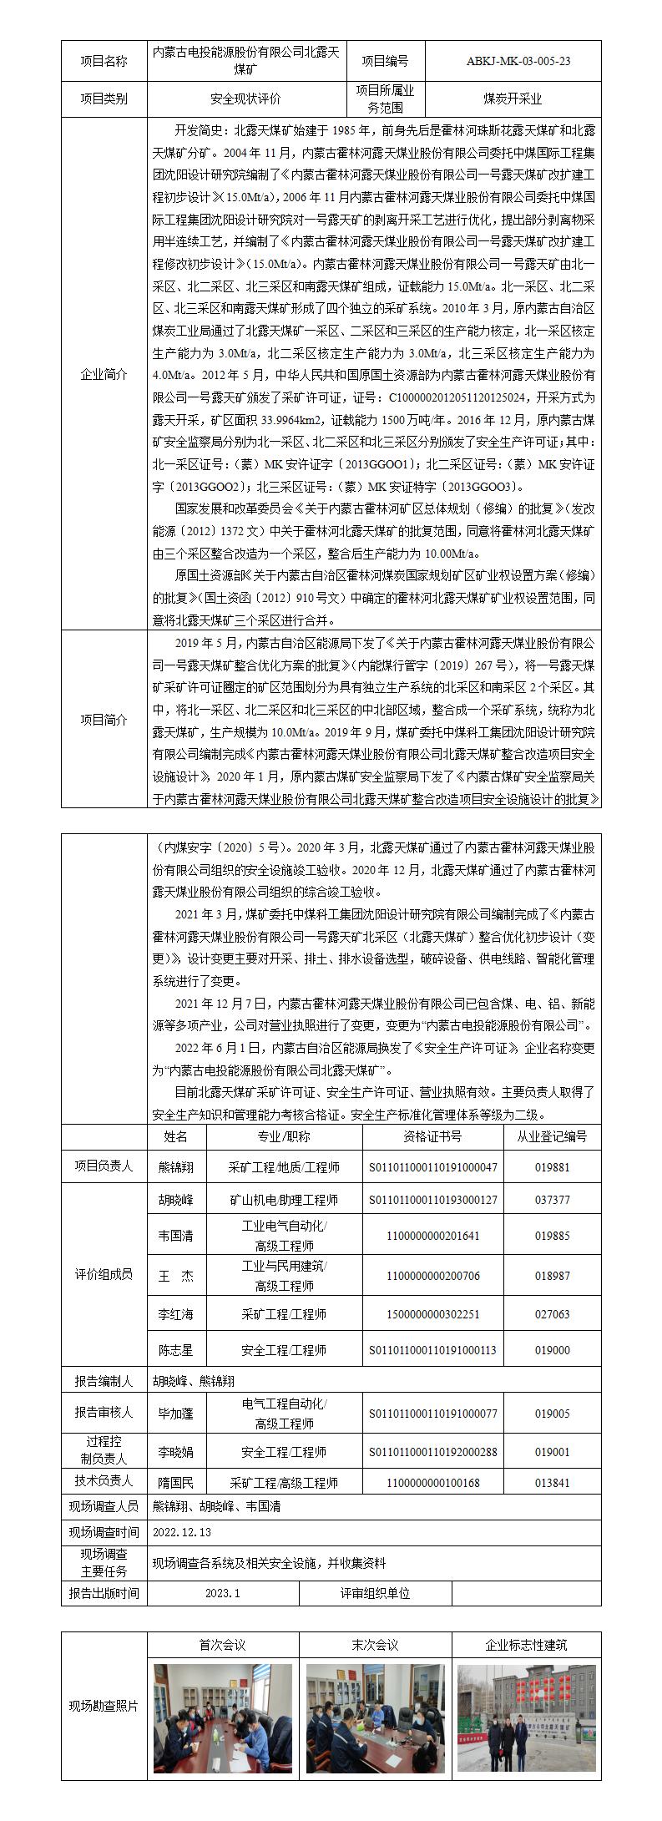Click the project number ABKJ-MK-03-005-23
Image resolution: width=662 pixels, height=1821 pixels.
click(x=513, y=61)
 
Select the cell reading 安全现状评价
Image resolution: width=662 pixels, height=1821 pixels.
click(x=246, y=99)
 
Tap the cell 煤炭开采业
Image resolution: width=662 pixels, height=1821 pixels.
click(x=513, y=99)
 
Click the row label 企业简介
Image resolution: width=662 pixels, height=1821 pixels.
click(x=104, y=374)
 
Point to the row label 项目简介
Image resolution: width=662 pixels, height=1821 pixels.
click(x=104, y=720)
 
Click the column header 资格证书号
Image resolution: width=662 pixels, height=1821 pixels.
click(x=432, y=1136)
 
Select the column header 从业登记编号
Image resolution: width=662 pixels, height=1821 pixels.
click(x=552, y=1136)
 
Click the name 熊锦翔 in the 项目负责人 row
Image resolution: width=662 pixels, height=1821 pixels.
click(x=176, y=1167)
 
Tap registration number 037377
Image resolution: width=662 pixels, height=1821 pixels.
click(x=552, y=1200)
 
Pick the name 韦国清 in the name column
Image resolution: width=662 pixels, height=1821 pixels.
click(x=176, y=1236)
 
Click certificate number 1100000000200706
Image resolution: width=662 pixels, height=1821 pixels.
click(x=432, y=1276)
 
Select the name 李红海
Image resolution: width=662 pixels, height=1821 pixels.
click(x=176, y=1314)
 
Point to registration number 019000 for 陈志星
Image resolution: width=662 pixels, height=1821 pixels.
click(x=552, y=1349)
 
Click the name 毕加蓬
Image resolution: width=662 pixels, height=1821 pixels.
click(x=176, y=1413)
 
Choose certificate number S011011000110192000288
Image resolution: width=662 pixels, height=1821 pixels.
click(x=432, y=1452)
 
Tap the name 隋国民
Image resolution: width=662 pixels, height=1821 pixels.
click(x=176, y=1483)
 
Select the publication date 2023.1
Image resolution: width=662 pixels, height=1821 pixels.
click(x=222, y=1593)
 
